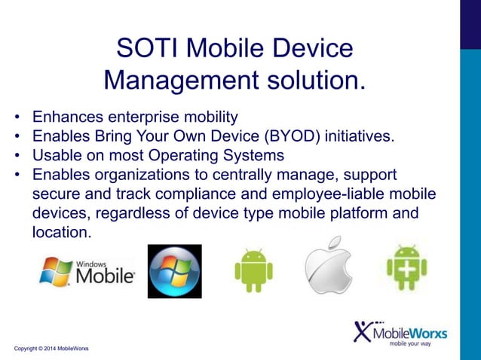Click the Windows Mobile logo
(x=87, y=272)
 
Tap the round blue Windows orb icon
(x=174, y=271)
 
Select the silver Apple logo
(x=328, y=270)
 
